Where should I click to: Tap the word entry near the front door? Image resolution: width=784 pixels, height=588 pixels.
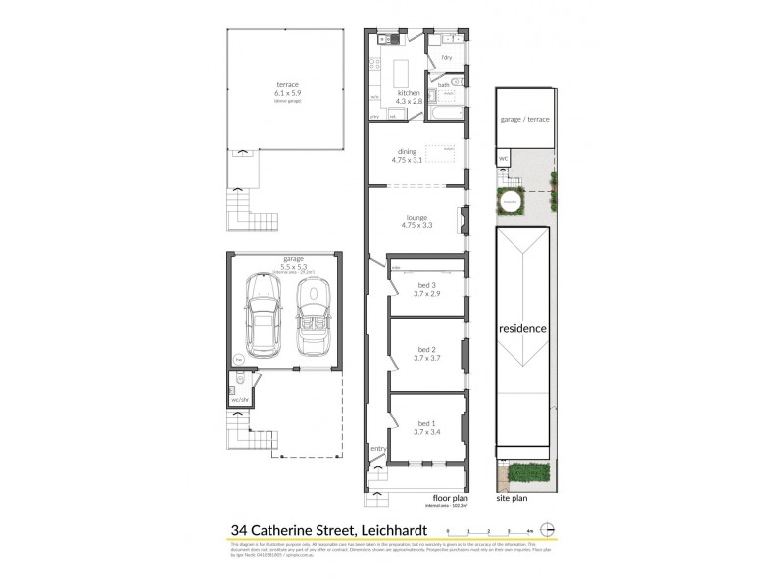[x=378, y=449]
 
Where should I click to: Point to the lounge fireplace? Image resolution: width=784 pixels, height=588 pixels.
[x=461, y=220]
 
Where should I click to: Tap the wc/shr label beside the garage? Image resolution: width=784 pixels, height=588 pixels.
[x=239, y=400]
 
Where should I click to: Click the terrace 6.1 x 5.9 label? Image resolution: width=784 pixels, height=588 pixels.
[x=287, y=90]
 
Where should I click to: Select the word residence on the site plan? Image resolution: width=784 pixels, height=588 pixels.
[x=521, y=329]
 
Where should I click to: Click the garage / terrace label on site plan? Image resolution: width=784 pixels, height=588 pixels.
[x=524, y=118]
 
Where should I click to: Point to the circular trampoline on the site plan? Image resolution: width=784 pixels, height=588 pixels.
[x=510, y=203]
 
